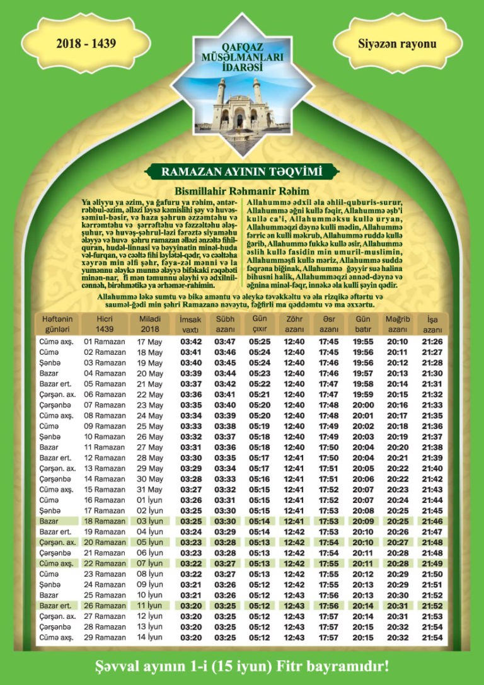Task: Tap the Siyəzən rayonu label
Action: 397,44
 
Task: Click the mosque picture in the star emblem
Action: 241,104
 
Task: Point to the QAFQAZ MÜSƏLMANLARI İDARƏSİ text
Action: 241,57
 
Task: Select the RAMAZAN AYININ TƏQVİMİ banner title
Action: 241,171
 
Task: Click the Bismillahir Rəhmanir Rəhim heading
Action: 242,191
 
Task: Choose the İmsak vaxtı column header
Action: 190,325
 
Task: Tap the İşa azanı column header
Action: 432,325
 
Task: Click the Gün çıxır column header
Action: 260,325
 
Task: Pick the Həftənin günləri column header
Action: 57,325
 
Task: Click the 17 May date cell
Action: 150,342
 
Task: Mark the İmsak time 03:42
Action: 191,342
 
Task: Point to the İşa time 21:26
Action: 432,342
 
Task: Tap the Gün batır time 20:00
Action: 363,405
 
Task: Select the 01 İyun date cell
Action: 150,500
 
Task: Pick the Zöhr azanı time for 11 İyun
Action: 294,606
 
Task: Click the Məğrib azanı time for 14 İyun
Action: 398,638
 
